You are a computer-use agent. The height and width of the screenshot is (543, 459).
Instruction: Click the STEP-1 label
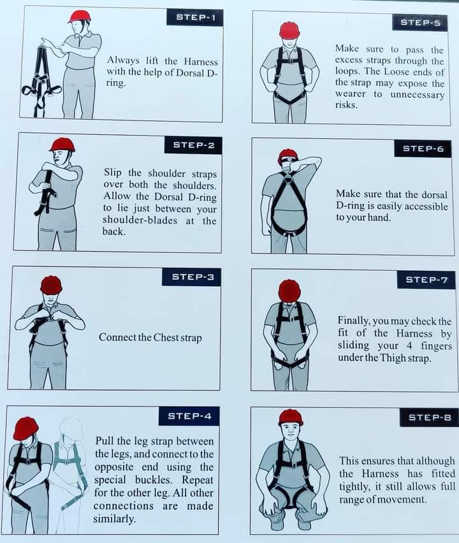(x=194, y=17)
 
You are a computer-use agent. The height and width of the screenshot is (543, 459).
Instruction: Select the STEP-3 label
(x=193, y=277)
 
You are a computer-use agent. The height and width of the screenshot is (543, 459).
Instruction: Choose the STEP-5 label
(x=420, y=22)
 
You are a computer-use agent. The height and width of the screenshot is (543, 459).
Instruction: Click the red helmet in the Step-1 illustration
(x=79, y=16)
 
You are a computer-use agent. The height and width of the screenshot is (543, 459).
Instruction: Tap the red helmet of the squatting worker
(x=290, y=417)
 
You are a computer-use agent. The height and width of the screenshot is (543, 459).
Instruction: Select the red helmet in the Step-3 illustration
(x=51, y=285)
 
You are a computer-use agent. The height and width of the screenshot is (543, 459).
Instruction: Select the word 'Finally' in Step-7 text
(x=354, y=321)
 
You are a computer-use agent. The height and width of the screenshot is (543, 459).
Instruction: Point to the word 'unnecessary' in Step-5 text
(x=417, y=94)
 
